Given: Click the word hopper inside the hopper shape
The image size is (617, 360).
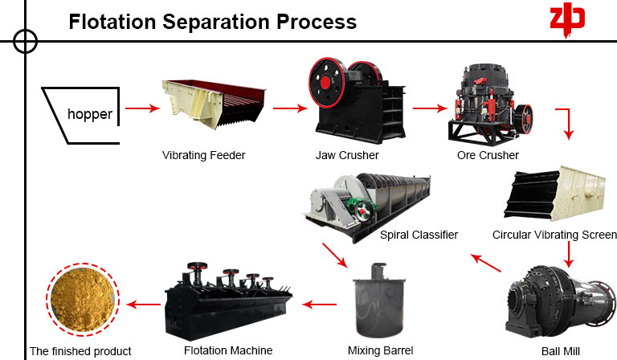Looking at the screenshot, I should tap(90, 114).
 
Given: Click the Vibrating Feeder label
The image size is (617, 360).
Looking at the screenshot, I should tap(203, 155).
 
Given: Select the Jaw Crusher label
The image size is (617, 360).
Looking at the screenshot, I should tap(347, 155).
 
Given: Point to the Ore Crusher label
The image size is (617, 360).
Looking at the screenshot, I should tap(489, 155).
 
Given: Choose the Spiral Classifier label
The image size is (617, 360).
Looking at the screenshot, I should tap(419, 235).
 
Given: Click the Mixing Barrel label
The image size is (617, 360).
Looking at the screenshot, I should tap(380, 350).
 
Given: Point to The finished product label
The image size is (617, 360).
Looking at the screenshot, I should tap(80, 351).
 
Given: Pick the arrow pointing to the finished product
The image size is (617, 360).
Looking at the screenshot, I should tap(145, 304).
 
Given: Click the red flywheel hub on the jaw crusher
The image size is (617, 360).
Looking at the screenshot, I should tap(325, 83).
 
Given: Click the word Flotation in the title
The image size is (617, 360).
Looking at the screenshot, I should tap(112, 21).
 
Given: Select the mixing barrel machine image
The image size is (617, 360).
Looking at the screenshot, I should tap(380, 302).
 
